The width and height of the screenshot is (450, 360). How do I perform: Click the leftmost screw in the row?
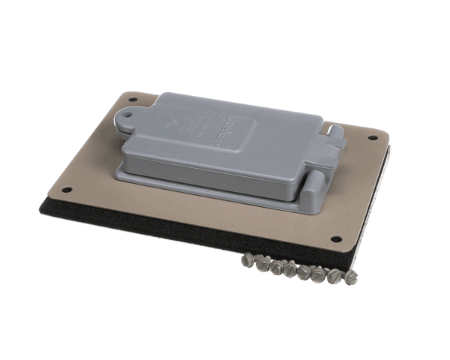click(x=248, y=259)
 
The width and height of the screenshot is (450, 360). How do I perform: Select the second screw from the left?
click(x=262, y=262)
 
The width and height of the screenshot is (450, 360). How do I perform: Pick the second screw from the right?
click(x=334, y=276)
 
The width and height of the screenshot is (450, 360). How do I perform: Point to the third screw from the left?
click(x=276, y=265)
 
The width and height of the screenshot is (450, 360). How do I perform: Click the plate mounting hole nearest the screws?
click(x=335, y=239)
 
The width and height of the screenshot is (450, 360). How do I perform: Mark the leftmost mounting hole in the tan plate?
click(x=66, y=189)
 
